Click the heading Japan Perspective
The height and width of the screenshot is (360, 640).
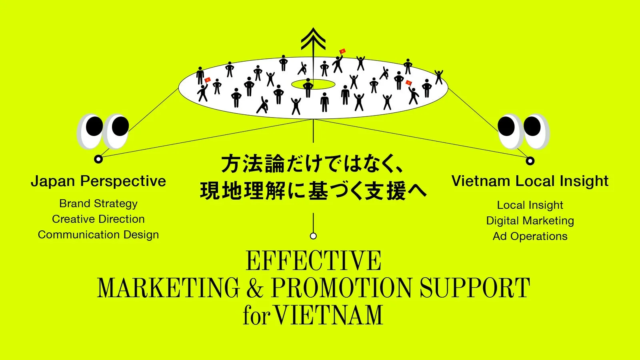[98, 183]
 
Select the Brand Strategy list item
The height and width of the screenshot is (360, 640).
[98, 204]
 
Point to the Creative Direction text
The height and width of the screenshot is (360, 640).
[98, 219]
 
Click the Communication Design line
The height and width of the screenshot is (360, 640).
[98, 235]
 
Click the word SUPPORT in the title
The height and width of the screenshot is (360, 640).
[476, 289]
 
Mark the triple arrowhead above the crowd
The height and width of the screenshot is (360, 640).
[314, 41]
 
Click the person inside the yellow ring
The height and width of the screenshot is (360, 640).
[308, 86]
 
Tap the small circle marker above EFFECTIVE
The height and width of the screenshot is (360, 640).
[313, 236]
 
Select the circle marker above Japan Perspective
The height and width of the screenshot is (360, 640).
[98, 159]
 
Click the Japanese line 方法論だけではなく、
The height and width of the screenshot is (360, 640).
[312, 160]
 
